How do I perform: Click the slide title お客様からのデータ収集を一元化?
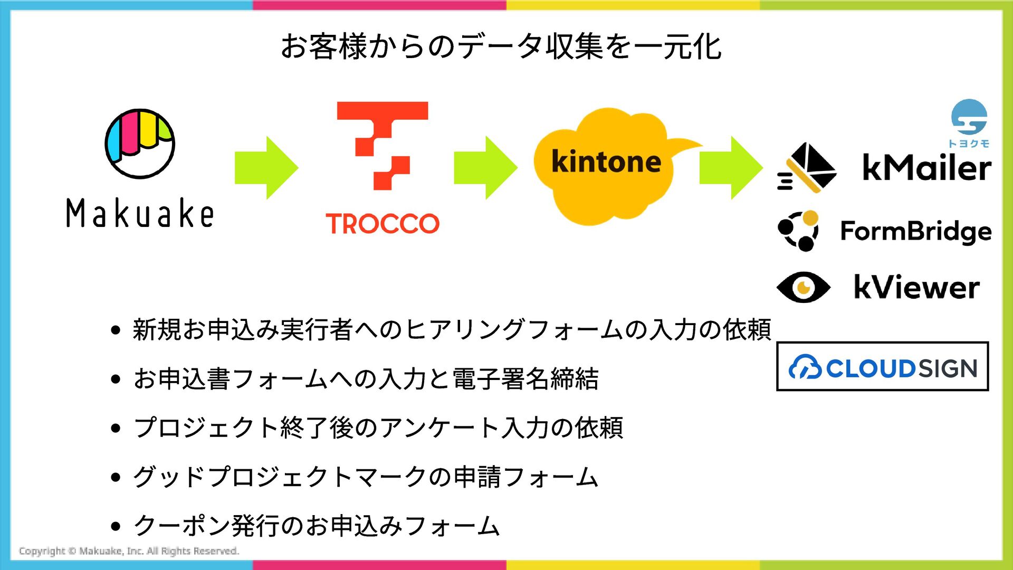coord(501,46)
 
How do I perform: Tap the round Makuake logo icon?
coord(140,144)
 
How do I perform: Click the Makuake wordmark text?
coord(140,213)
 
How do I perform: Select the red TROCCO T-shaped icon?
coord(383,145)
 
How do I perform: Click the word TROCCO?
coord(383,224)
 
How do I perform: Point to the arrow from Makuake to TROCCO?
coord(266,168)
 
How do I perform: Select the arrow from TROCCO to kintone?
coord(485,168)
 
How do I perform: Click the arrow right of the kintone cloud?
coord(731,168)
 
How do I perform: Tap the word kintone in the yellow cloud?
coord(606,161)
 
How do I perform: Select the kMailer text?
coord(926,168)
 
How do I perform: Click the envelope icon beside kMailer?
coord(808,168)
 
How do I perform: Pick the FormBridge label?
coord(916,231)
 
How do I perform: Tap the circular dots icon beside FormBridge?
coord(799,231)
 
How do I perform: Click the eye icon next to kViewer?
coord(804,288)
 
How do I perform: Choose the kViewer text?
coord(916,288)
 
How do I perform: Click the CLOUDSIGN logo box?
coord(882,367)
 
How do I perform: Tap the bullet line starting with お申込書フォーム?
coord(366,379)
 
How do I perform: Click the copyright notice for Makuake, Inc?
coord(129,551)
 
